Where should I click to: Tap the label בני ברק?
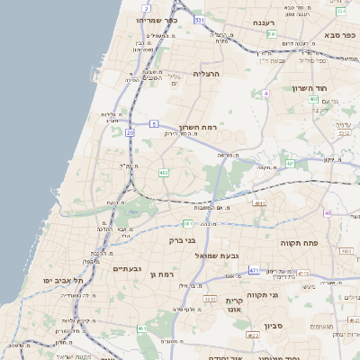click(183, 240)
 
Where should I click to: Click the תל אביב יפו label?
click(65, 281)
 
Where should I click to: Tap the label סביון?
click(274, 325)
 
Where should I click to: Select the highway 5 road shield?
click(154, 123)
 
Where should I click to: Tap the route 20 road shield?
click(130, 132)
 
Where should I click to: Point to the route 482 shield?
click(163, 171)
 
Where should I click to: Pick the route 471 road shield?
click(255, 270)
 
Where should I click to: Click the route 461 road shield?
click(141, 328)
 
